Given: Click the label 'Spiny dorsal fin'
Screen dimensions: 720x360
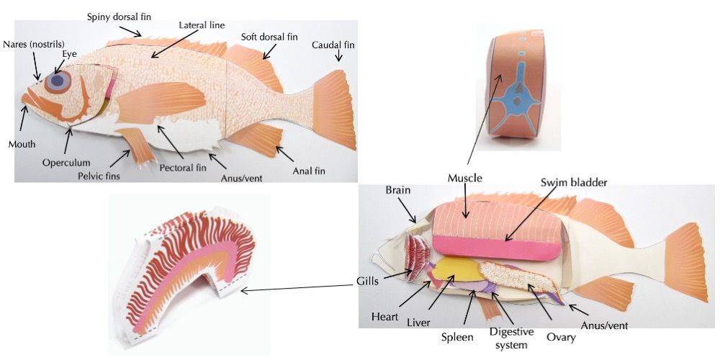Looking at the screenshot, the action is point(119,16).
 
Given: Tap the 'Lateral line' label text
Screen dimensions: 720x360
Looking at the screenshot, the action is point(202,25).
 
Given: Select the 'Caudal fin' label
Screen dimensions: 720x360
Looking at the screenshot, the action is point(333,45).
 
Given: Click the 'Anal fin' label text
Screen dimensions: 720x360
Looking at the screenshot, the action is point(309,171).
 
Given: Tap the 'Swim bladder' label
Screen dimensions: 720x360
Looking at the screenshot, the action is point(575,182).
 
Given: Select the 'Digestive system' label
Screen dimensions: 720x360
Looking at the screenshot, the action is point(511,338).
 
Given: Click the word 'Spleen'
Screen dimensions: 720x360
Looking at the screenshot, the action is point(458,336).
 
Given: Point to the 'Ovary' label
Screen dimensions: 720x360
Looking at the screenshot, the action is point(560,335).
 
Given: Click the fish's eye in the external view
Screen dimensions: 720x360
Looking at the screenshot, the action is point(57,81).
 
